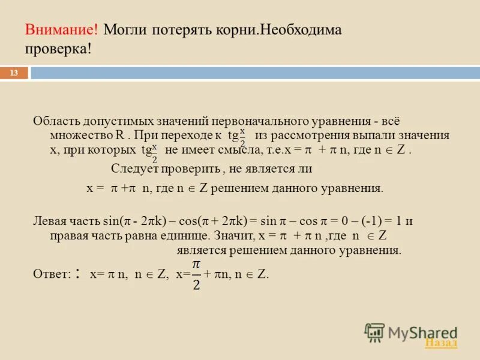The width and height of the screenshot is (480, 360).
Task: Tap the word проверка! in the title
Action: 58,48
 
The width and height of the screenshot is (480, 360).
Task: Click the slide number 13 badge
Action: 14,73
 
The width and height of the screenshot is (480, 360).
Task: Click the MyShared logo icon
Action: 374,332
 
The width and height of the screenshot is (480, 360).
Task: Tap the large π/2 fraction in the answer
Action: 196,274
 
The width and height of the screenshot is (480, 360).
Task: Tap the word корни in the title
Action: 232,30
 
